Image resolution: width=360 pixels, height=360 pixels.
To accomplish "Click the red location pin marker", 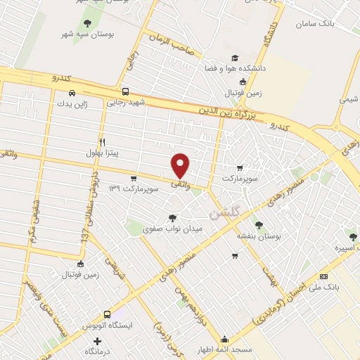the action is coord(181,166).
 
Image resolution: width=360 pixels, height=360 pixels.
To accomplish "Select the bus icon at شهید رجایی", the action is coord(125,91).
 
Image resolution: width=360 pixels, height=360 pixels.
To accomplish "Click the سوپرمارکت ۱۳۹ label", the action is coord(129,188).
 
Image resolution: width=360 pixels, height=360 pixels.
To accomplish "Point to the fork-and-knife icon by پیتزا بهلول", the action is coord(103,141).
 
